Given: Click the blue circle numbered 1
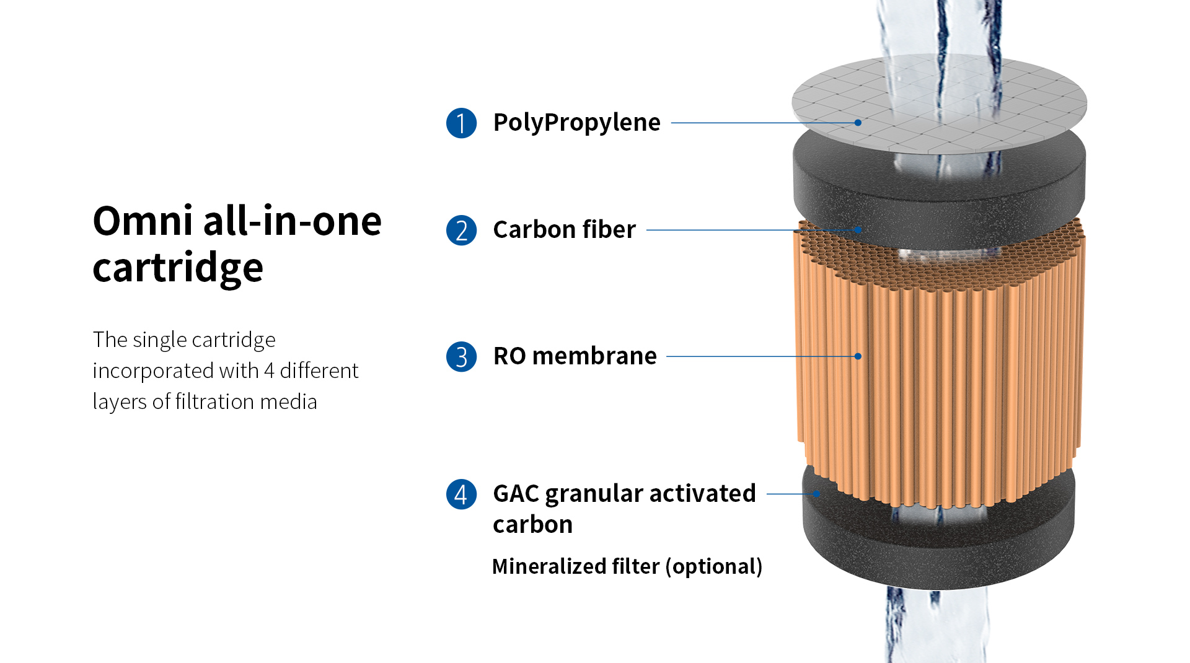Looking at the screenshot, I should click(461, 123).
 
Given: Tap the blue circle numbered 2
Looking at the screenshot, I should click(461, 231).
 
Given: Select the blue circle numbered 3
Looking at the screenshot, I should click(461, 357).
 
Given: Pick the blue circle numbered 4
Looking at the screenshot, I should click(461, 494).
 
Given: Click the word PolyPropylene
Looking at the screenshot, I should click(576, 123).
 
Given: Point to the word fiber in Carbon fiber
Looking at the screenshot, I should click(609, 229).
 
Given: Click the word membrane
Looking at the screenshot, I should click(594, 356).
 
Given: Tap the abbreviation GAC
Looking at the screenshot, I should click(516, 494).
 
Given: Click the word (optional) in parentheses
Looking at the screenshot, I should click(714, 566).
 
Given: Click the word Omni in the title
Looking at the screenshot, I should click(143, 221).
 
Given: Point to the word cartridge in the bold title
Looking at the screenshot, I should click(178, 268).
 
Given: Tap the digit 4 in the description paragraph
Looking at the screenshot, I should click(269, 371).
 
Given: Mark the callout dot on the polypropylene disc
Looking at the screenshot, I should click(858, 123).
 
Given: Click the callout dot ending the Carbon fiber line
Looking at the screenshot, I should click(858, 230).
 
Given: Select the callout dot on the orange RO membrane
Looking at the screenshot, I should click(858, 356).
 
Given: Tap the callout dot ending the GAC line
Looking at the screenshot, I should click(817, 494).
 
